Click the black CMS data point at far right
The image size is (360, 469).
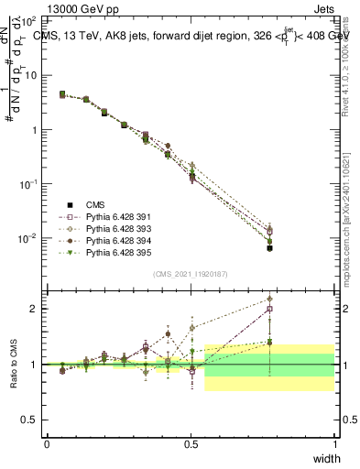click(x=269, y=248)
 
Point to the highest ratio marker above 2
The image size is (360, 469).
click(x=269, y=299)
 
